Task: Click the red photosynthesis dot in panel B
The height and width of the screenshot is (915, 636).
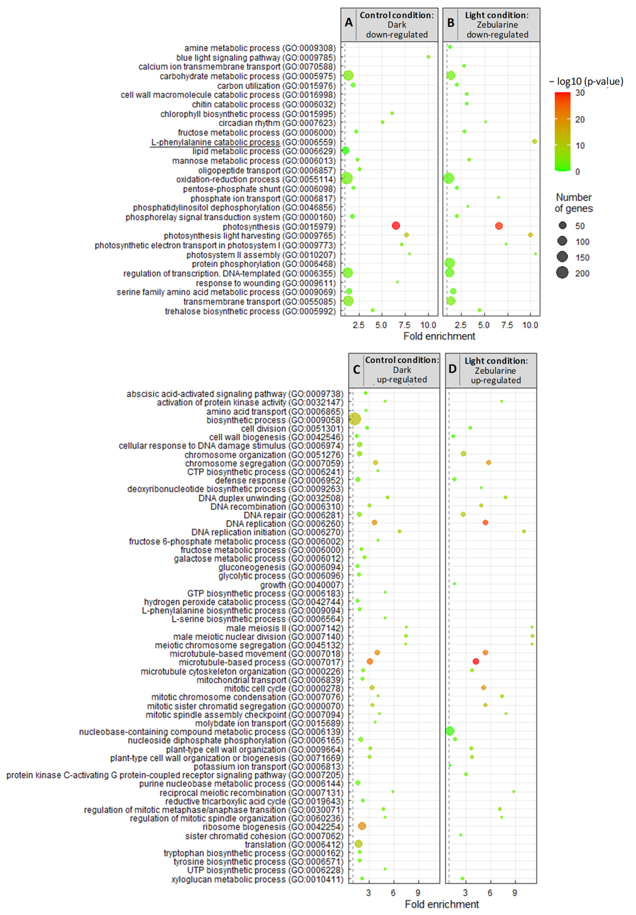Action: pos(498,226)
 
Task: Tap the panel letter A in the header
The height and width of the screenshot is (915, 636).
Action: pos(349,23)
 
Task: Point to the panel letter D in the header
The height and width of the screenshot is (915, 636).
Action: pos(452,369)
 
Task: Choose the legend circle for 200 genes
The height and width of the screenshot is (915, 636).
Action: pos(562,273)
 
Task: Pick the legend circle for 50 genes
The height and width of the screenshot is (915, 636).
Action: pos(562,226)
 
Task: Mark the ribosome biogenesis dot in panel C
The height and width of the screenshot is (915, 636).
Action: pos(362,826)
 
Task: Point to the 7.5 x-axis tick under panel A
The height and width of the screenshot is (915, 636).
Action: pos(405,325)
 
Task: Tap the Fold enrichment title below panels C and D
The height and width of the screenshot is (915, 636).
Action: pos(442,904)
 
